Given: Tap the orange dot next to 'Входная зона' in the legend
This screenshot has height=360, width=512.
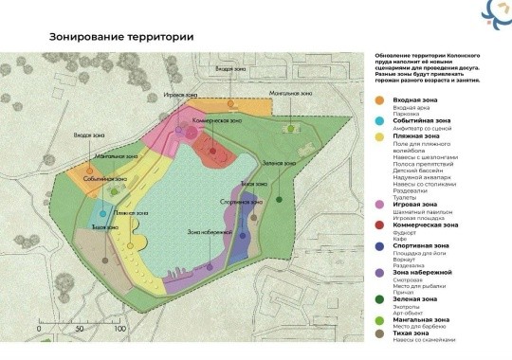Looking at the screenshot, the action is [x=377, y=99].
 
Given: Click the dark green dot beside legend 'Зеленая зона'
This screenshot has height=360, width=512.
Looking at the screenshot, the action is [x=377, y=299].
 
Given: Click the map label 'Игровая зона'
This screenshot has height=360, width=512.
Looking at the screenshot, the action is [x=178, y=97].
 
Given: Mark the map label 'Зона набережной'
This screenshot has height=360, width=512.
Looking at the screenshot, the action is [x=210, y=232].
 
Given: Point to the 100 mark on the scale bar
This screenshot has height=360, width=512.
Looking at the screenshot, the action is [x=119, y=327].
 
